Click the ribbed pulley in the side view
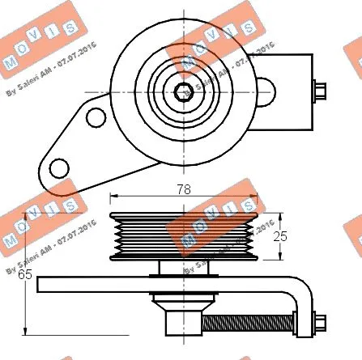[x=184, y=235]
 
